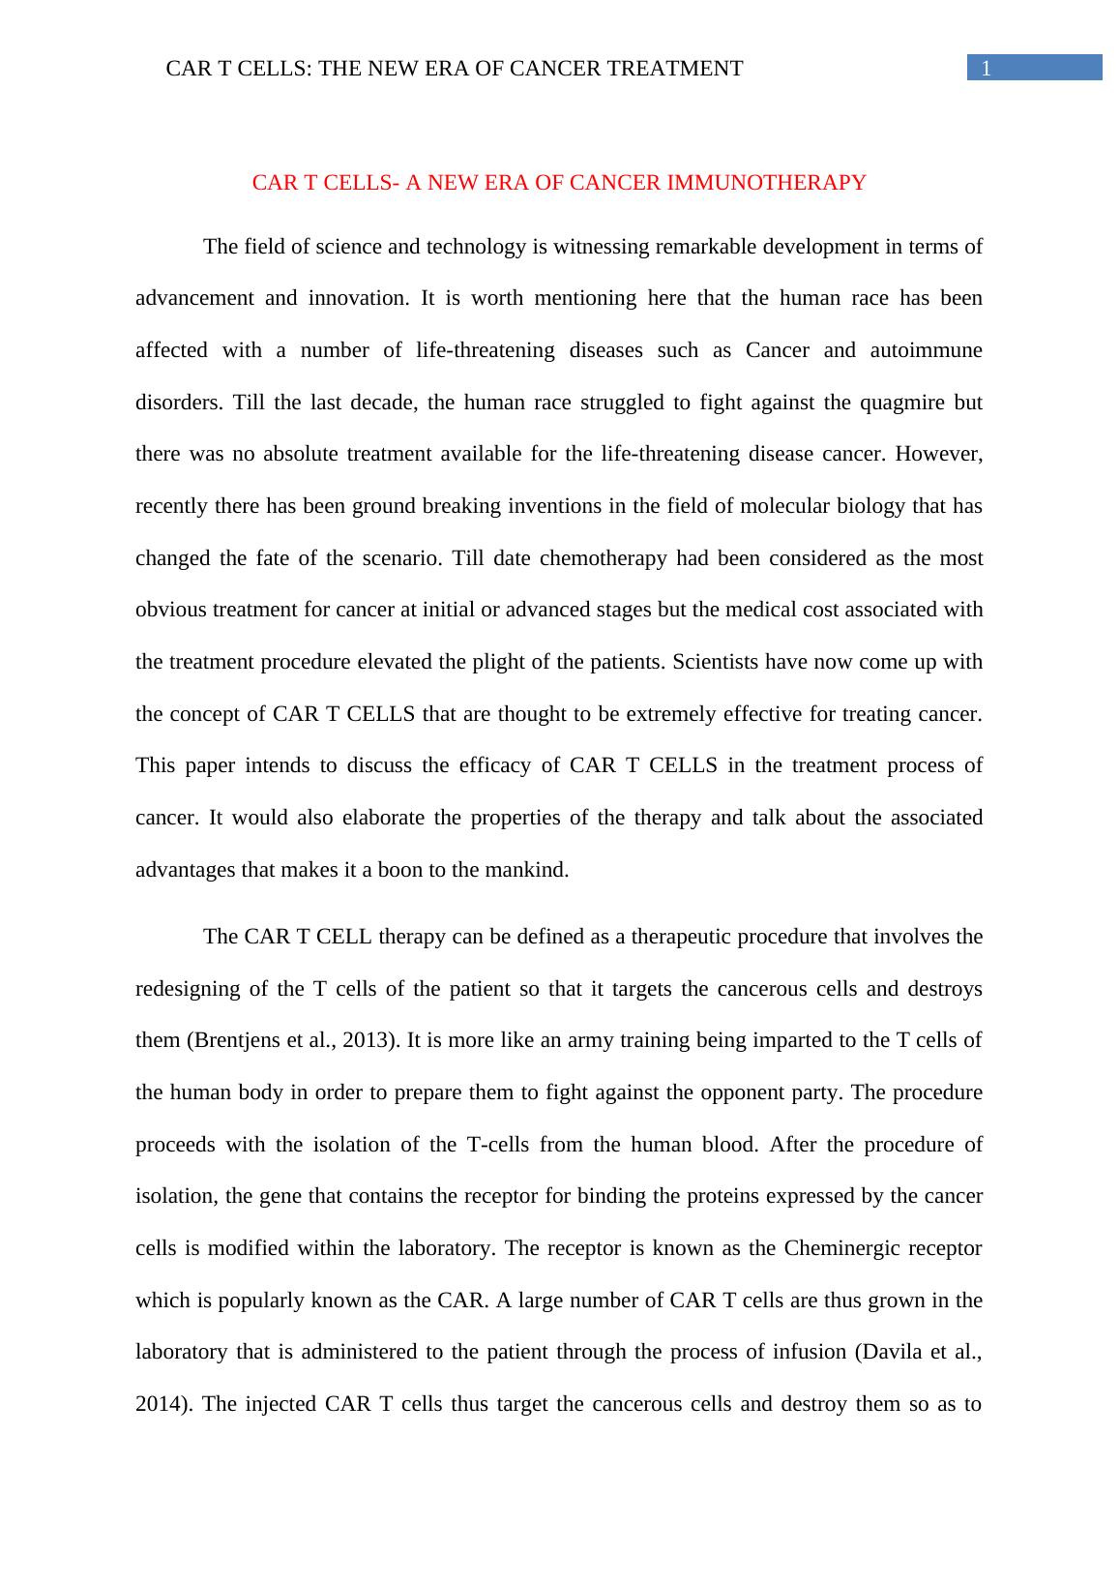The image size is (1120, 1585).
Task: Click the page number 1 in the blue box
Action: click(x=987, y=68)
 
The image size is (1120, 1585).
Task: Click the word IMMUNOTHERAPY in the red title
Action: click(x=785, y=183)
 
